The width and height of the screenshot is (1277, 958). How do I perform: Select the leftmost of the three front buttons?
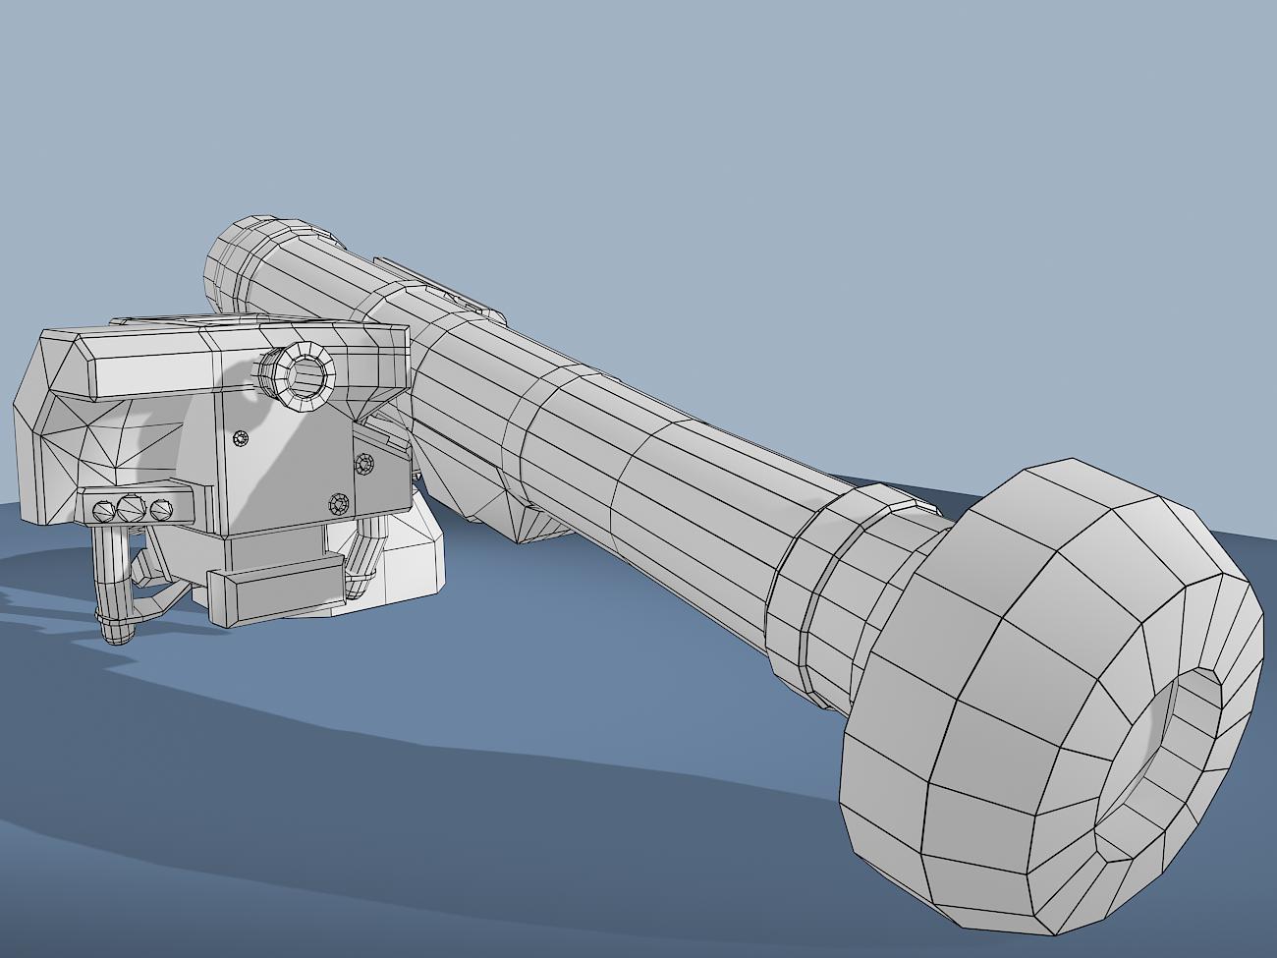point(103,510)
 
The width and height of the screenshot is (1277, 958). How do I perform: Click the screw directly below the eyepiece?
point(240,438)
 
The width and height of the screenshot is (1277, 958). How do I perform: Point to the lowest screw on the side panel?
point(341,504)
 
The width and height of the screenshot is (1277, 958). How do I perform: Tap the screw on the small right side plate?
point(364,463)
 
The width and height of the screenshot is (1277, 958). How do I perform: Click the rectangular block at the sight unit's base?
point(275,593)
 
